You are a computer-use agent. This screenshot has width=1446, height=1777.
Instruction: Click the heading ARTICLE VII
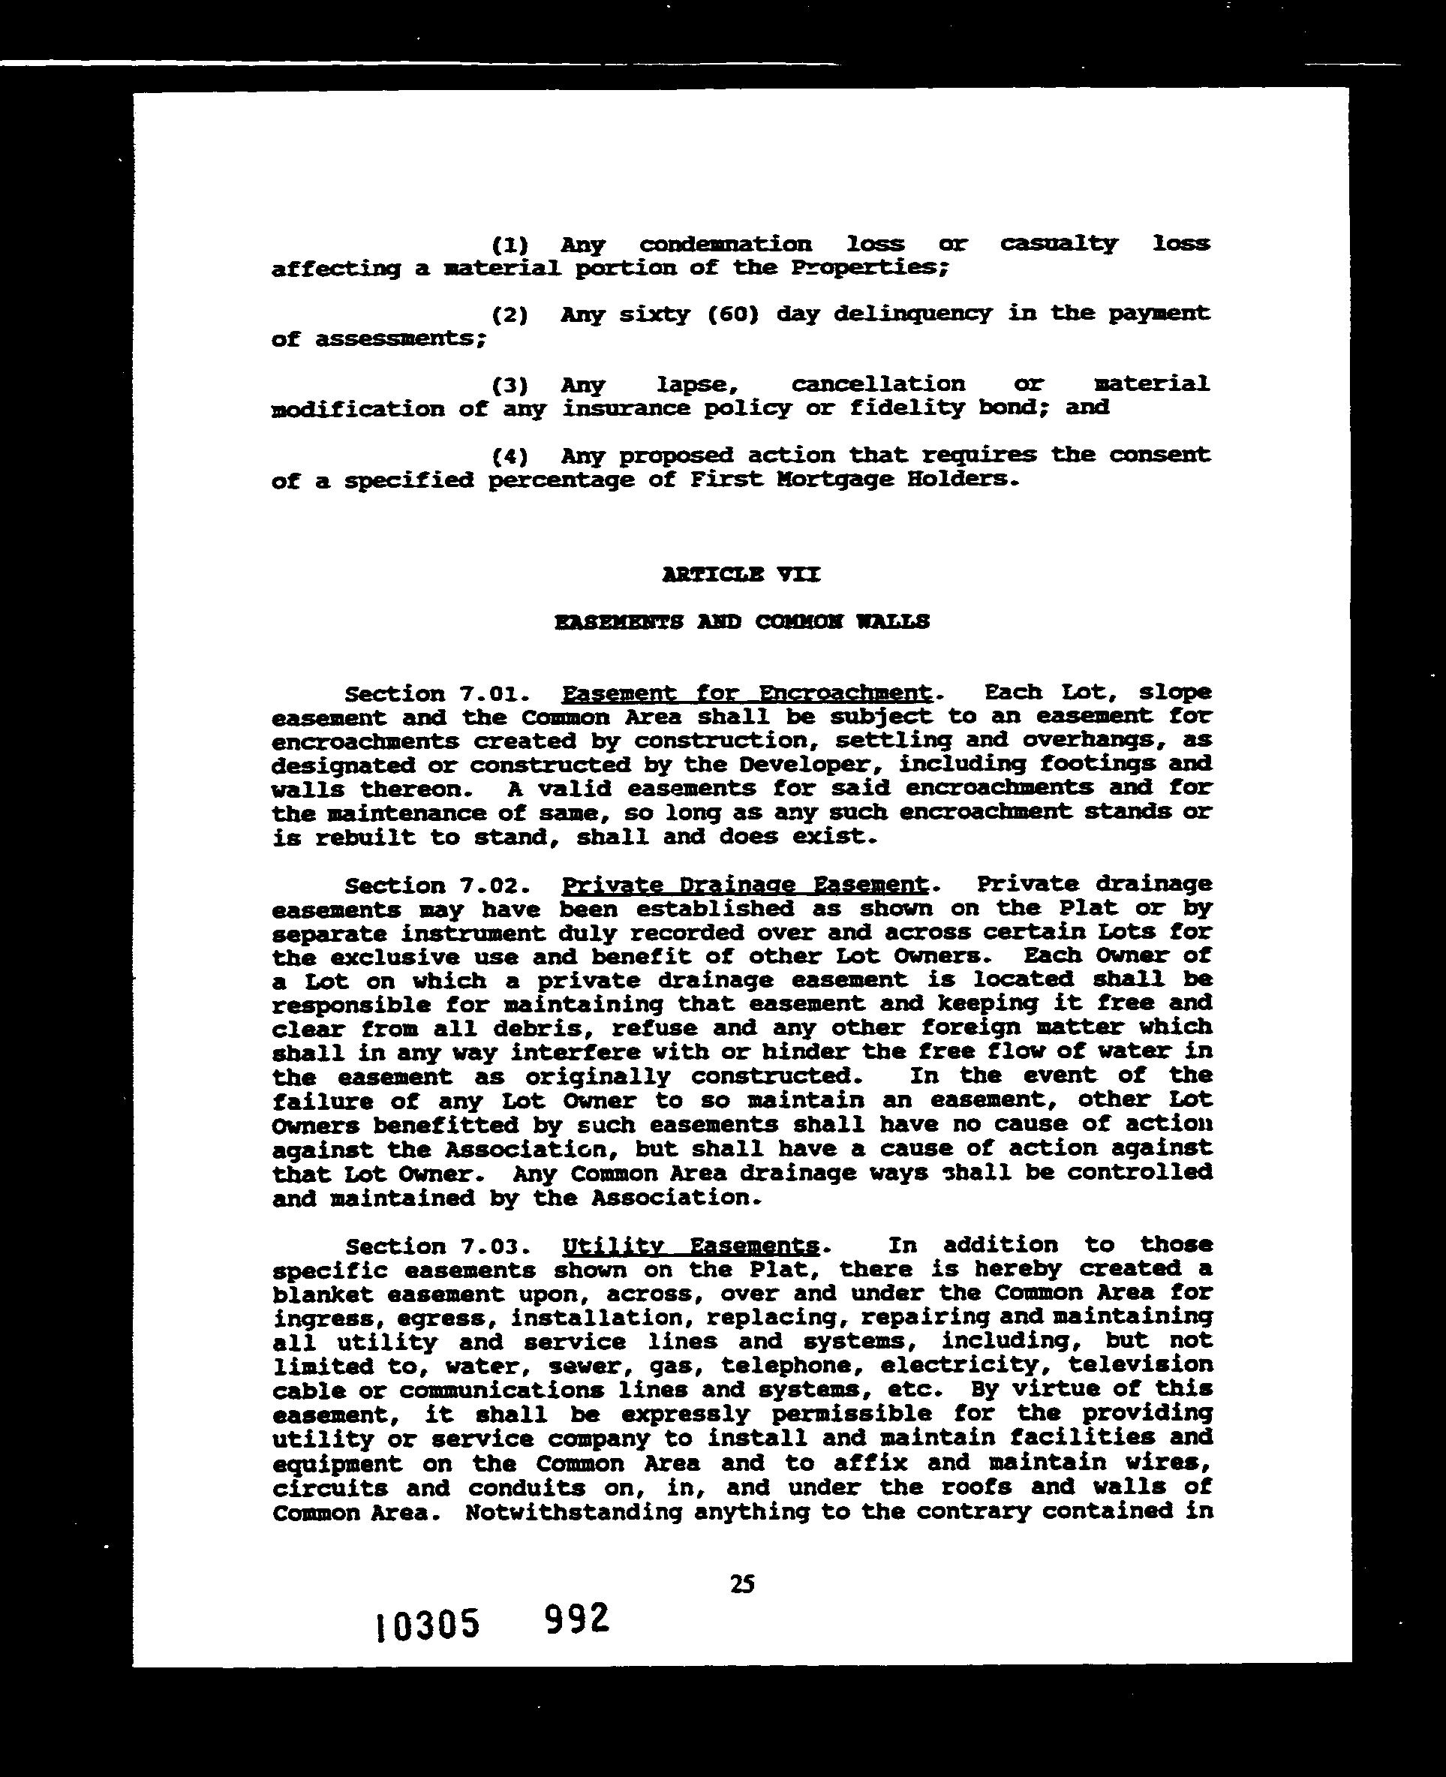coord(741,575)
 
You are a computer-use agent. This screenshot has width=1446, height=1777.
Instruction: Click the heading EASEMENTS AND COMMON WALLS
coord(741,622)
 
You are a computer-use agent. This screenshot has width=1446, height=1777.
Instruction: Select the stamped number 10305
coord(428,1625)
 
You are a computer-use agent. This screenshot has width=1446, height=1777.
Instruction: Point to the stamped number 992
coord(576,1619)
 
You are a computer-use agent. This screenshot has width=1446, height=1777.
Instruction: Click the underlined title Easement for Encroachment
coord(747,693)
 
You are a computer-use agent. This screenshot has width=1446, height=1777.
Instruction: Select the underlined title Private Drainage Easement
coord(744,884)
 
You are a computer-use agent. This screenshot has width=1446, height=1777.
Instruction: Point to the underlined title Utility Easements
coord(690,1246)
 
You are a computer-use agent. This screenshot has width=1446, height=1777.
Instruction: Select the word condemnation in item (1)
coord(725,244)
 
